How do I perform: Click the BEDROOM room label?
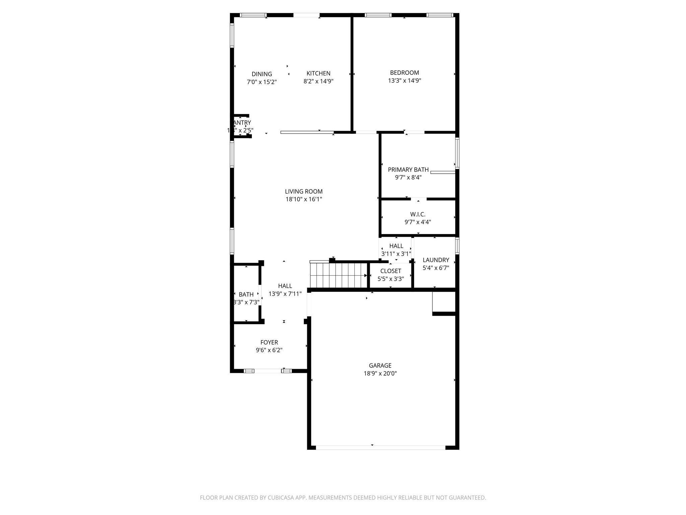coord(404,73)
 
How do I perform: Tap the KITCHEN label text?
coord(318,73)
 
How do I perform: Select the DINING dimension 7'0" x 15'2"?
coord(262,82)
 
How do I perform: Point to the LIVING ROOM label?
coord(303,191)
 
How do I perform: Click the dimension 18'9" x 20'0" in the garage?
coord(380,374)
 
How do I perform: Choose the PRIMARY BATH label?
coord(408,170)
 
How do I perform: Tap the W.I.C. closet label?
coord(418,214)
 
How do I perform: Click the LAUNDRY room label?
coord(435,260)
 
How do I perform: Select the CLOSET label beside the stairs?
coord(391,271)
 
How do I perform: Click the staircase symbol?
coord(338,275)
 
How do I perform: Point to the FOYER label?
coord(269,342)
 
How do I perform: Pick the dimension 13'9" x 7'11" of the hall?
coord(285,294)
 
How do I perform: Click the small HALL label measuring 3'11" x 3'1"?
coord(396,246)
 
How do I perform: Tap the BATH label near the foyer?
coord(246,294)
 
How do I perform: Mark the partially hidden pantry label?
coord(242,123)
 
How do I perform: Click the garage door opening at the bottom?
coord(380,447)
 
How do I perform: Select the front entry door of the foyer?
coord(268,371)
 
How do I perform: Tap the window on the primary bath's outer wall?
coord(457,153)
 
